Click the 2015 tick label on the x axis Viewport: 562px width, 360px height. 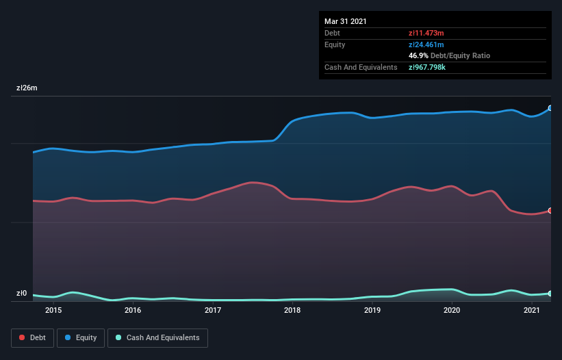click(53, 310)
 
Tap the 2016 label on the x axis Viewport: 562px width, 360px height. click(133, 310)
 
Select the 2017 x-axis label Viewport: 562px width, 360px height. click(213, 310)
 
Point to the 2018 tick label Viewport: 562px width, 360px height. click(292, 310)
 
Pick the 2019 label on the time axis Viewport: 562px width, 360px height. click(372, 310)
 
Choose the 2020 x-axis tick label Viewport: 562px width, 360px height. click(452, 310)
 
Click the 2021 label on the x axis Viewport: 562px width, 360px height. click(532, 310)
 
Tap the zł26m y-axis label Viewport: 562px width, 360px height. click(27, 88)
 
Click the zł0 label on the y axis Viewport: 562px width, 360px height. click(22, 294)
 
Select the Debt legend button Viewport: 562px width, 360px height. click(33, 337)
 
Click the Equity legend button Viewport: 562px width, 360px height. click(81, 337)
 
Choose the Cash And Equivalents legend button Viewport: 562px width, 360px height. click(157, 337)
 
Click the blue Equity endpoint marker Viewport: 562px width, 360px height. click(550, 108)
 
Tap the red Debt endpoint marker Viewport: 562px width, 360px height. click(550, 211)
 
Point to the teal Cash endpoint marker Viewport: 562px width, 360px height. click(550, 294)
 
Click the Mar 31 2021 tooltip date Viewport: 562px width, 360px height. click(346, 21)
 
